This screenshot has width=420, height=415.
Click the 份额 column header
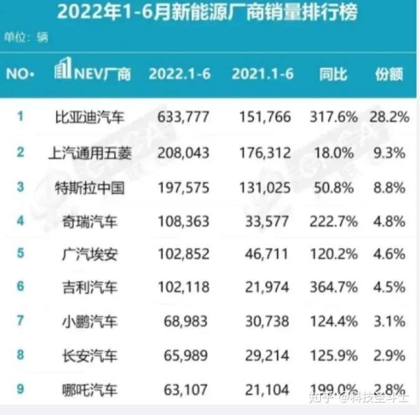pyautogui.click(x=389, y=74)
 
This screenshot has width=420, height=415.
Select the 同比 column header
pyautogui.click(x=333, y=74)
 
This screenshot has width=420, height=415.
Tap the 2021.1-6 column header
pyautogui.click(x=262, y=74)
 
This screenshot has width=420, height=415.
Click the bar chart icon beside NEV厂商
pyautogui.click(x=63, y=68)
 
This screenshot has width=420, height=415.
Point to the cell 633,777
pyautogui.click(x=183, y=117)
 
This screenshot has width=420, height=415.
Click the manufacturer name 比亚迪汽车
pyautogui.click(x=90, y=117)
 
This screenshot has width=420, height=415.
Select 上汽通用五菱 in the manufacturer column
pyautogui.click(x=90, y=153)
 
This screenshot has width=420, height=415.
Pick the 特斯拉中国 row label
pyautogui.click(x=90, y=188)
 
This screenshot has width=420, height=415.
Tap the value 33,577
pyautogui.click(x=267, y=221)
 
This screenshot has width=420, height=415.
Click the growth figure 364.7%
pyautogui.click(x=334, y=287)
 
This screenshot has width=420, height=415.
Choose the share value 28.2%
pyautogui.click(x=389, y=117)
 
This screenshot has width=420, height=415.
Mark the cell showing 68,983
pyautogui.click(x=186, y=322)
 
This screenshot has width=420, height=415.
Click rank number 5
pyautogui.click(x=21, y=253)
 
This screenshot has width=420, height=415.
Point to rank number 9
pyautogui.click(x=21, y=389)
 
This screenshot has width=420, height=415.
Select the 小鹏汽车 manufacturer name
pyautogui.click(x=90, y=322)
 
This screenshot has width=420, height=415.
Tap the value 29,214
pyautogui.click(x=267, y=356)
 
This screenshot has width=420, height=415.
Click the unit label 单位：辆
pyautogui.click(x=26, y=37)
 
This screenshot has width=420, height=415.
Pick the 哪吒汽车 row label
pyautogui.click(x=90, y=390)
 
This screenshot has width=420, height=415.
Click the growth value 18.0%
pyautogui.click(x=334, y=153)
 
